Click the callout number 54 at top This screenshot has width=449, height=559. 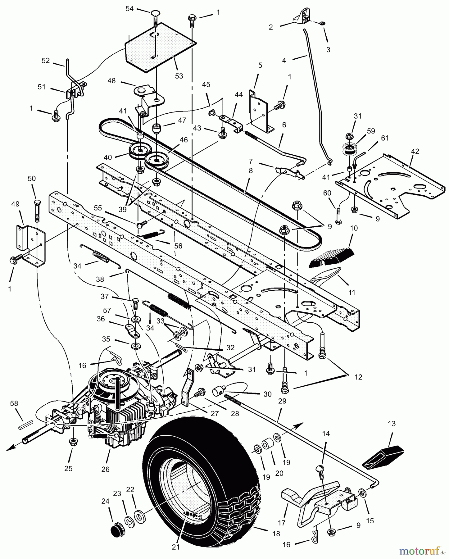[x=129, y=9]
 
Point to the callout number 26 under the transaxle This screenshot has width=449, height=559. [x=106, y=469]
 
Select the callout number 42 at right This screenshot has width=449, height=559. [x=415, y=152]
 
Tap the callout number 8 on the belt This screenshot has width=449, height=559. [x=251, y=170]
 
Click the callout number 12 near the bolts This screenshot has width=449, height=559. [x=358, y=377]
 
